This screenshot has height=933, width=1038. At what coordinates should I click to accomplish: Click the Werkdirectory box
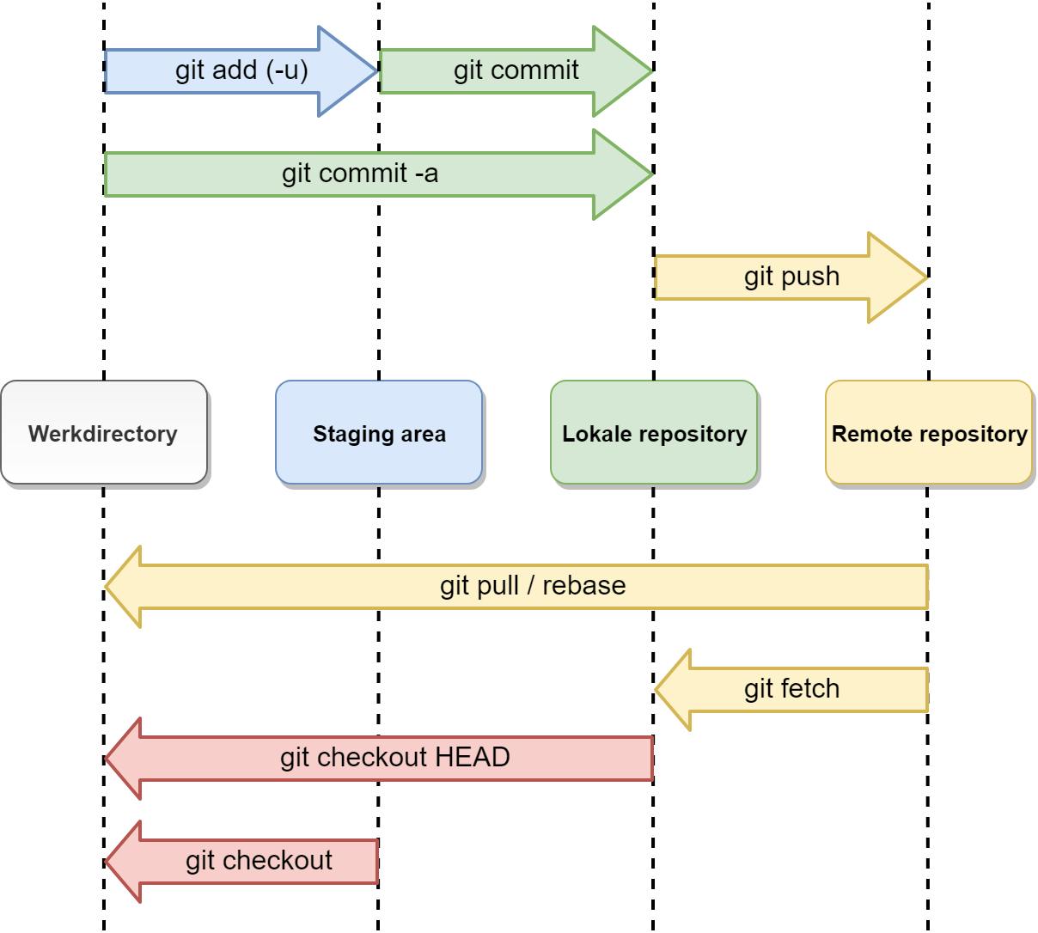[104, 432]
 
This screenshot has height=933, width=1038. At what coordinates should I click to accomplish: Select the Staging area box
[379, 432]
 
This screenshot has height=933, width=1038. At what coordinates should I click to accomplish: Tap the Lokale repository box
[654, 432]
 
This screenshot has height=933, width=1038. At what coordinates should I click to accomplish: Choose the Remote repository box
[929, 432]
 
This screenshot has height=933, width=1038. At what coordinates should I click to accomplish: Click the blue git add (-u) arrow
[241, 71]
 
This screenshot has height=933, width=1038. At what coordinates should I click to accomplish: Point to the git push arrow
[791, 277]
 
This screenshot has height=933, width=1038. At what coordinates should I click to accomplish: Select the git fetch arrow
[791, 690]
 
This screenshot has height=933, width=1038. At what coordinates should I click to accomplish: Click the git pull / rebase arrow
[533, 587]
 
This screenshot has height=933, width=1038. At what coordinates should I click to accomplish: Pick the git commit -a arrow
[361, 174]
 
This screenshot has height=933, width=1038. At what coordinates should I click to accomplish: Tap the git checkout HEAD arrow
[395, 759]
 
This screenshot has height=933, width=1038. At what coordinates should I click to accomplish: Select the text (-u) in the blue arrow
[287, 70]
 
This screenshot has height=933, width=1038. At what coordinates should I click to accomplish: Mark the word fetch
[810, 689]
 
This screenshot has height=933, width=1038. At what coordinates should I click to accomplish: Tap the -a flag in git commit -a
[426, 174]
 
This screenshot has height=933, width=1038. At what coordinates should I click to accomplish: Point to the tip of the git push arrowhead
[926, 277]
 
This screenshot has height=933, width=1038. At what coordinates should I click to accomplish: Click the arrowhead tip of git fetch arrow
[656, 690]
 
